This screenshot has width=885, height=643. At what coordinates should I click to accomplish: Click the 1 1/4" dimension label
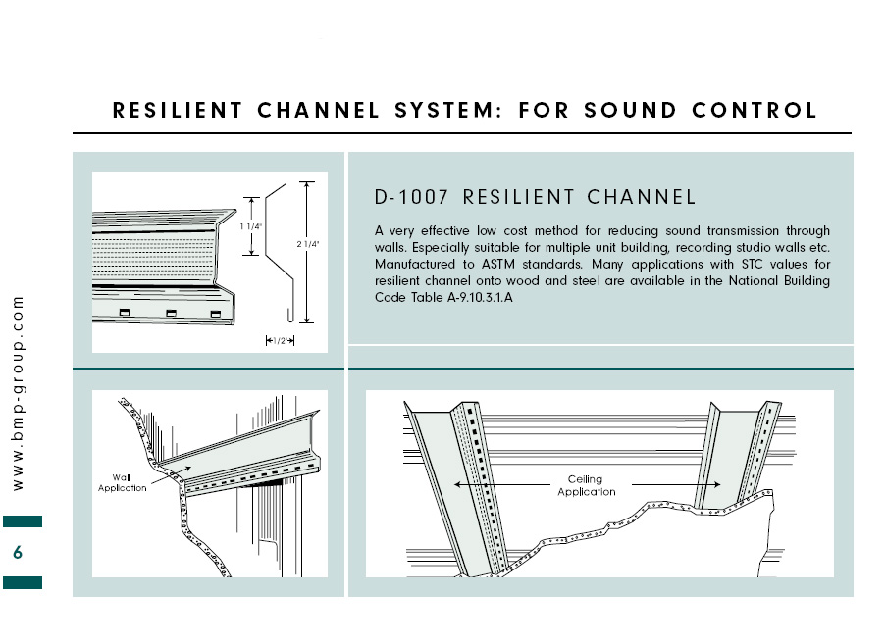point(252,226)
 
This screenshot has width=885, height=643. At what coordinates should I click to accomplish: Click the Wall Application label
point(123,482)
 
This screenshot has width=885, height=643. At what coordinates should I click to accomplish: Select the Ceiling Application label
point(587,485)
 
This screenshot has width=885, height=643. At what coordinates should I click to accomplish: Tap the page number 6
point(18,553)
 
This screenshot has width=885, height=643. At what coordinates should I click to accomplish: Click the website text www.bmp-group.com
point(18,392)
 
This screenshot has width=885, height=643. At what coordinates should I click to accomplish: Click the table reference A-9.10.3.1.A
point(471,296)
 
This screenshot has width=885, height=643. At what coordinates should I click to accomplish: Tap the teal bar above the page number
point(23,521)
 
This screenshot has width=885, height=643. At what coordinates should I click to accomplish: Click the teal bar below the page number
point(23,582)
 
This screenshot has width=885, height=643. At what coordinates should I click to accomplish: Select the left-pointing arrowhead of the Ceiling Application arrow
point(457,484)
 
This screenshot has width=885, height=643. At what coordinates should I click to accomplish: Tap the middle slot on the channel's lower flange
point(171,312)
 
